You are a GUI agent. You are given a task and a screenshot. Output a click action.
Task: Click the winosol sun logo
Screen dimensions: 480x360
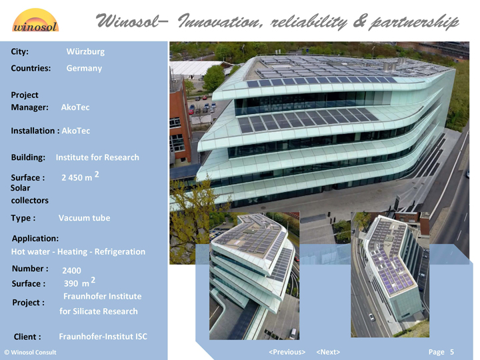pyautogui.click(x=35, y=20)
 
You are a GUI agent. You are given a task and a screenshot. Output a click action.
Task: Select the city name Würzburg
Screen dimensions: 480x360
pyautogui.click(x=85, y=51)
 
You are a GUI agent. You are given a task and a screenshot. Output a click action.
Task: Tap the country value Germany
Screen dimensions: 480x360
pyautogui.click(x=84, y=68)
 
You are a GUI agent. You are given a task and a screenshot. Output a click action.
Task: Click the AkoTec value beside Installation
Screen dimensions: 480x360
pyautogui.click(x=76, y=131)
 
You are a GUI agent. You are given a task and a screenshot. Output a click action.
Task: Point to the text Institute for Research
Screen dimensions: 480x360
pyautogui.click(x=97, y=157)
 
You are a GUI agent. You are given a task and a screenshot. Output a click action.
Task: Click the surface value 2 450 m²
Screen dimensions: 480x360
pyautogui.click(x=80, y=176)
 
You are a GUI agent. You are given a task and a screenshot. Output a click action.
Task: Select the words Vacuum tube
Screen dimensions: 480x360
pyautogui.click(x=84, y=218)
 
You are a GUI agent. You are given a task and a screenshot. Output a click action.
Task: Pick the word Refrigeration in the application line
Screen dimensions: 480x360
pyautogui.click(x=120, y=251)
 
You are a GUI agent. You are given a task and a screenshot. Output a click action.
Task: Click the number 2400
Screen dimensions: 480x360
pyautogui.click(x=71, y=271)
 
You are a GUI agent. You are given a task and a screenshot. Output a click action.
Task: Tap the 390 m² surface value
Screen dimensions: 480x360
pyautogui.click(x=79, y=282)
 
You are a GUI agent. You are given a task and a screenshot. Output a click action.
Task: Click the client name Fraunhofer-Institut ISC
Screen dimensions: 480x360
pyautogui.click(x=103, y=337)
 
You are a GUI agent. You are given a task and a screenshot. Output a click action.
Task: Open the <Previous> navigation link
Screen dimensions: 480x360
pyautogui.click(x=287, y=352)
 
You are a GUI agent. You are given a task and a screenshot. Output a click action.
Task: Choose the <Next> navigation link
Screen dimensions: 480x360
pyautogui.click(x=328, y=352)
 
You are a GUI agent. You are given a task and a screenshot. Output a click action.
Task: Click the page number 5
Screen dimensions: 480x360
pyautogui.click(x=452, y=352)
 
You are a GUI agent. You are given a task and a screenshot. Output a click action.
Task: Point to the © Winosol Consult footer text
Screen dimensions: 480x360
pyautogui.click(x=30, y=353)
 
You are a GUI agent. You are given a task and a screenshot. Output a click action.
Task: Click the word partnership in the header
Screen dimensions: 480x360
pyautogui.click(x=414, y=22)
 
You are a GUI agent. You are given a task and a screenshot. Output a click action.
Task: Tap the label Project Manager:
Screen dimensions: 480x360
pyautogui.click(x=29, y=101)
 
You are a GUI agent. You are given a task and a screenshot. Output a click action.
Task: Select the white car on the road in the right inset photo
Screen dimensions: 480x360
pyautogui.click(x=371, y=317)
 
